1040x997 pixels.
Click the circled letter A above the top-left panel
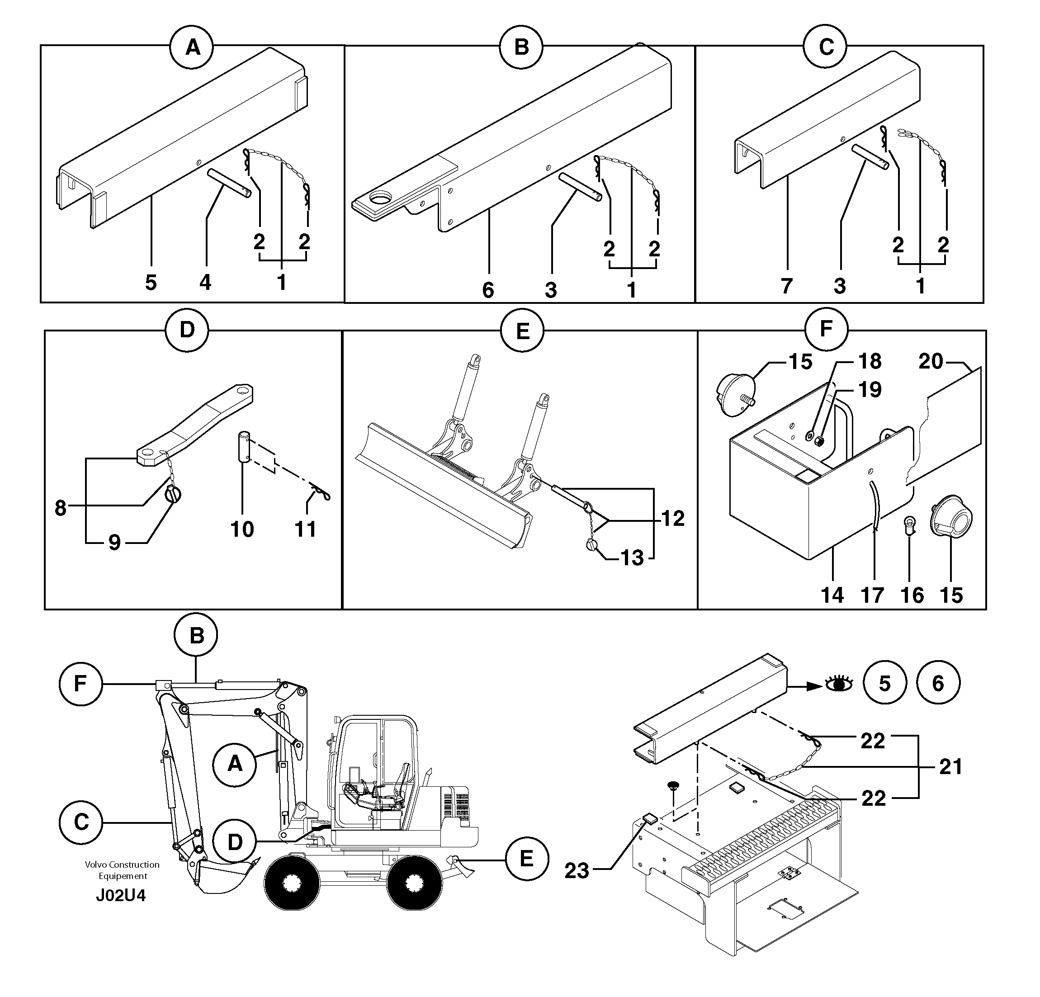(192, 48)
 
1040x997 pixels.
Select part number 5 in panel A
(151, 282)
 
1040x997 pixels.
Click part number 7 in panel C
(786, 286)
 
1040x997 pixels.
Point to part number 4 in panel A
(205, 282)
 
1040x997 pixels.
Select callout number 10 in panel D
(242, 529)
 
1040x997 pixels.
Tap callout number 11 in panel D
(306, 529)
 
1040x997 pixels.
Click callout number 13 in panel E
(632, 558)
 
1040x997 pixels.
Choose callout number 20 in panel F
(931, 362)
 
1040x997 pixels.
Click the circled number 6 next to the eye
(938, 683)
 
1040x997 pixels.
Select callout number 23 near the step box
(577, 871)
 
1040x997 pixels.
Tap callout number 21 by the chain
(950, 767)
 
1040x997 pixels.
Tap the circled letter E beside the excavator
(526, 859)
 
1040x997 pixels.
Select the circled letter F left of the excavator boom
(80, 684)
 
